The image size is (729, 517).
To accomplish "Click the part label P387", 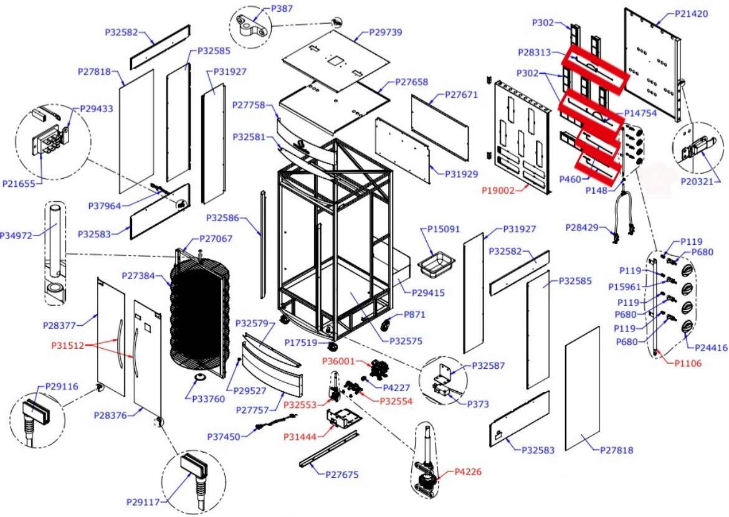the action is [282, 9].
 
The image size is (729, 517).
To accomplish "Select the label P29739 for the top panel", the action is [386, 32].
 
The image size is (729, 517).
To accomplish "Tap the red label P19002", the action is [498, 190].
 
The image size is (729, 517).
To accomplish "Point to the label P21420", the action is [692, 14].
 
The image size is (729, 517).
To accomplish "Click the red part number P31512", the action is [67, 346].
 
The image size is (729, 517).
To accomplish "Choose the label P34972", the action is [16, 235].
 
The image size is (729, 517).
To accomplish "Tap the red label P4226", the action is [468, 472].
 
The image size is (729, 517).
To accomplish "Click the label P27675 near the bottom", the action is [341, 475].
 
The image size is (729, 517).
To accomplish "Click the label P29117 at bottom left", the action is [143, 502].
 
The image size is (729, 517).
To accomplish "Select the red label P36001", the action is [338, 361].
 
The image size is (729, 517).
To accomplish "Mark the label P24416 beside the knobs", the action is [711, 348].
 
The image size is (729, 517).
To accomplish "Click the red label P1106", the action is [688, 363].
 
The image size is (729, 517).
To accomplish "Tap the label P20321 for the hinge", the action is [697, 181].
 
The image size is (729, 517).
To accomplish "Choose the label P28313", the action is [534, 52].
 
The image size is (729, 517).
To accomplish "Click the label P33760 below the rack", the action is [209, 399].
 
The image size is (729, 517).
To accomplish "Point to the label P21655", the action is [19, 184].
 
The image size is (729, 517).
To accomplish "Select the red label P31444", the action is [300, 437].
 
